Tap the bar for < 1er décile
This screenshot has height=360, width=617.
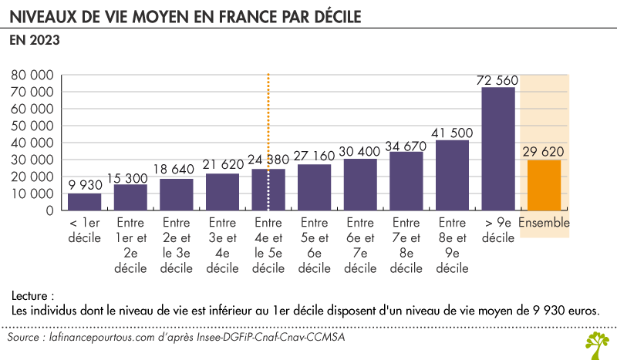(84, 201)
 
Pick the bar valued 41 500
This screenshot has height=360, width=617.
(452, 175)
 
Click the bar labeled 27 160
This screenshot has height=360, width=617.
(314, 187)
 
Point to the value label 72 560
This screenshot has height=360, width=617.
(498, 80)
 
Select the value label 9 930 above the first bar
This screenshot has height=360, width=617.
(84, 185)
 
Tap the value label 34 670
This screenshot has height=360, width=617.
(406, 144)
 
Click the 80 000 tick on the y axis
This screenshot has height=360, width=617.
(32, 76)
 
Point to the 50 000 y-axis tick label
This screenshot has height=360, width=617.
(32, 126)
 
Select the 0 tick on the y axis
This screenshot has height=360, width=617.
(49, 210)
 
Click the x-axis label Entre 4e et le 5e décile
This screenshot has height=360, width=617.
(268, 246)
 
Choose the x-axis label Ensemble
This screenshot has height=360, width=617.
(545, 224)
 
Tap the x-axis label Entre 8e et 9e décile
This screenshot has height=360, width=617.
(452, 246)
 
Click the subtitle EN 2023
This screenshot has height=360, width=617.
(35, 42)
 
